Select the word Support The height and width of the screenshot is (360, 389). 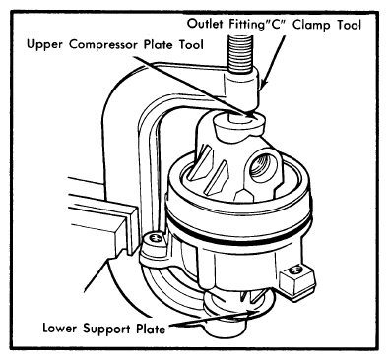tap(104, 329)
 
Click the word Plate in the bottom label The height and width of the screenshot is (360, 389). tap(148, 329)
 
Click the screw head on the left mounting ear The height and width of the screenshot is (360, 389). tap(154, 238)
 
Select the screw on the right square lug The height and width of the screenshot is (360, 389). tap(296, 270)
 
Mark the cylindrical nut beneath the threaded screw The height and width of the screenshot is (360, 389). tap(242, 90)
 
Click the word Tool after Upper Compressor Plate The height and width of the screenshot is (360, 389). tap(191, 44)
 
